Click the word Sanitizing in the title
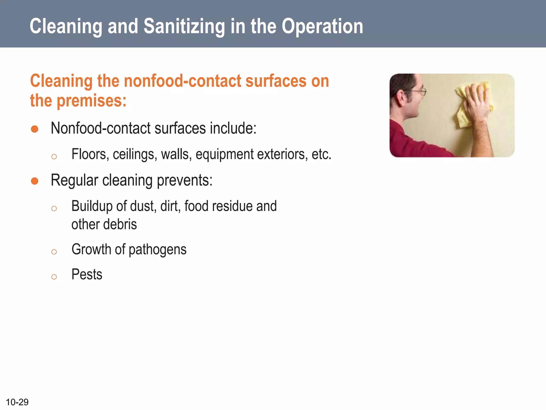pyautogui.click(x=184, y=27)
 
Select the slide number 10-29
pyautogui.click(x=17, y=402)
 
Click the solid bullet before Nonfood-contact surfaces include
pyautogui.click(x=35, y=129)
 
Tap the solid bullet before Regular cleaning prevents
pyautogui.click(x=35, y=181)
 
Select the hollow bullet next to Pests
pyautogui.click(x=54, y=277)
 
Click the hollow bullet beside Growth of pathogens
pyautogui.click(x=54, y=252)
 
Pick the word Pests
pyautogui.click(x=87, y=274)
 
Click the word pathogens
pyautogui.click(x=157, y=250)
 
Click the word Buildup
pyautogui.click(x=92, y=206)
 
